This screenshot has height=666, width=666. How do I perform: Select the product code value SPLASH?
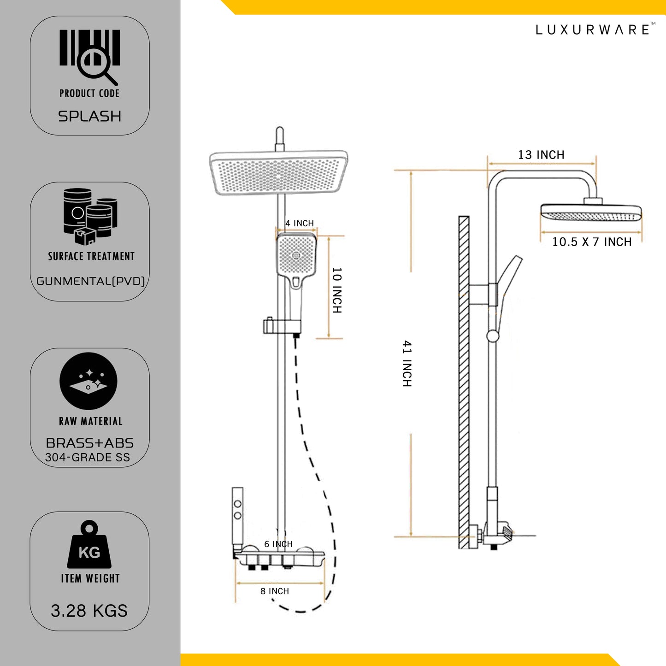pos(90,116)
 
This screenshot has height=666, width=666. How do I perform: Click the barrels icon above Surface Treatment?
pos(90,216)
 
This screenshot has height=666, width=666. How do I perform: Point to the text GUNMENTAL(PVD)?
pos(91,281)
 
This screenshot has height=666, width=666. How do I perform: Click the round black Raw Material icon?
pos(88,381)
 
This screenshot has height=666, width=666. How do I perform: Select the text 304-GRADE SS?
pos(88,458)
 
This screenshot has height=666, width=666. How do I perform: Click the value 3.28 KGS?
pos(89,611)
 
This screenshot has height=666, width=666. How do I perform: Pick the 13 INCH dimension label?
pos(541,155)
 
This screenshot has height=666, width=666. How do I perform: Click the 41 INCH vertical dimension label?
pos(407,364)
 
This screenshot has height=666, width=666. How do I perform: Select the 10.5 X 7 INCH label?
pos(592,242)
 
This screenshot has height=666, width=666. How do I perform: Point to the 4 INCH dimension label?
pos(299,224)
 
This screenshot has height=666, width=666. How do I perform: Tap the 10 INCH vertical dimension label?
pos(337,290)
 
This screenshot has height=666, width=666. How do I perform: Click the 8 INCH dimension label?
pos(275,591)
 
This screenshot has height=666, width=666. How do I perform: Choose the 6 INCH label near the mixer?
pos(278,544)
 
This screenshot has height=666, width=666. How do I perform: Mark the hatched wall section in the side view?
pos(464,383)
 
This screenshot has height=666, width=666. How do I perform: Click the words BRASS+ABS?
pos(90,443)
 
